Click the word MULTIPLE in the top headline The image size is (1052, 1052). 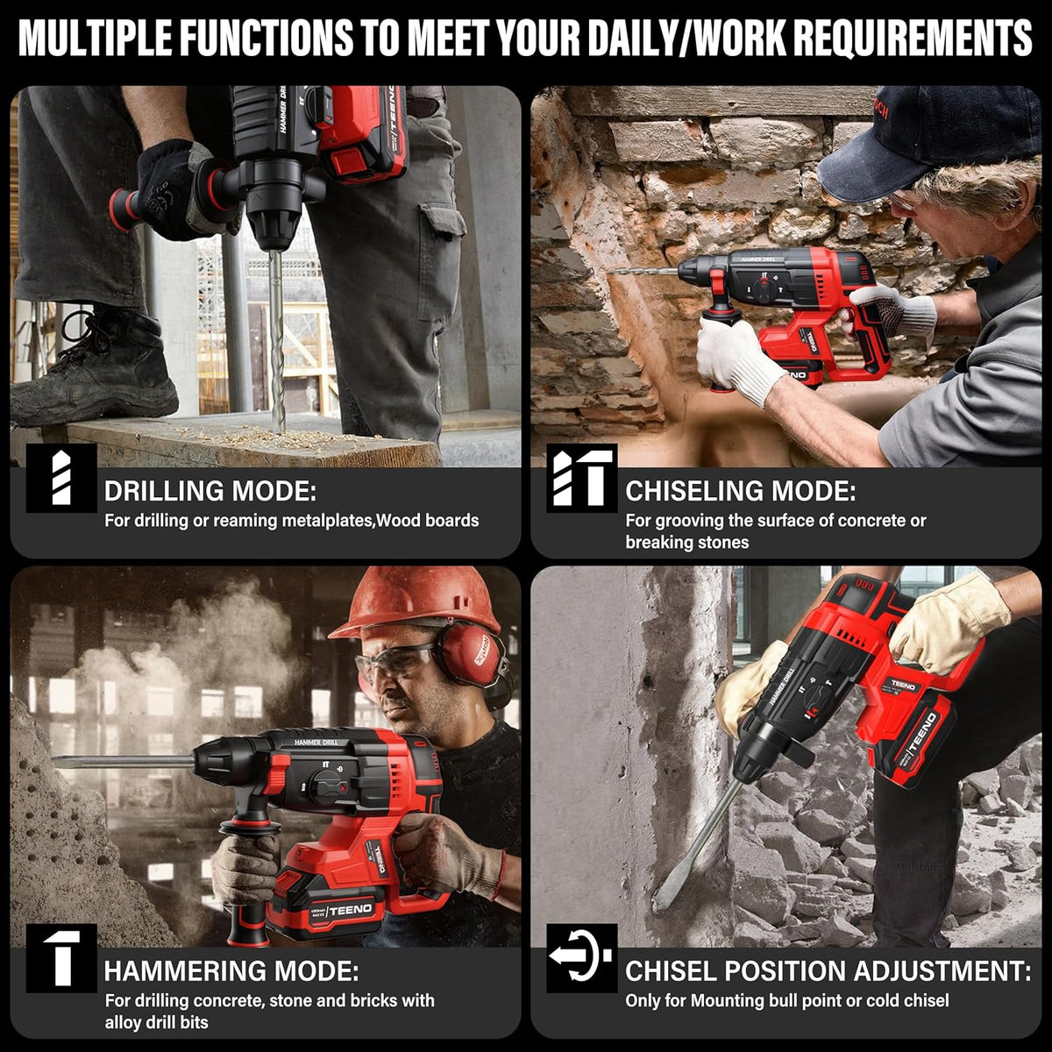[x=95, y=37]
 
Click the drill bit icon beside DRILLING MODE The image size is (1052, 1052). [x=61, y=478]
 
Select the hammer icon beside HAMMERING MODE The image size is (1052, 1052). [x=61, y=958]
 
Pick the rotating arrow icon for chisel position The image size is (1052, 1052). [x=581, y=958]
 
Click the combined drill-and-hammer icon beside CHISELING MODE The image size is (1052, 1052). [x=581, y=478]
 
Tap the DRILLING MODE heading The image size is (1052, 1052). [x=210, y=491]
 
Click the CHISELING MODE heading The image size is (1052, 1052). [x=740, y=491]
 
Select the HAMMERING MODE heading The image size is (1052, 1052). [x=231, y=971]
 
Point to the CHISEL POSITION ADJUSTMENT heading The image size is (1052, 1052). [x=828, y=971]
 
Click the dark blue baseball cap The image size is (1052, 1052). [x=928, y=145]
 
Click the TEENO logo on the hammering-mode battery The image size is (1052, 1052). [x=351, y=910]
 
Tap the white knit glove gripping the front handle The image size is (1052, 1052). [x=735, y=355]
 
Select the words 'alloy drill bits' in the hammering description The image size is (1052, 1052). [x=157, y=1022]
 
